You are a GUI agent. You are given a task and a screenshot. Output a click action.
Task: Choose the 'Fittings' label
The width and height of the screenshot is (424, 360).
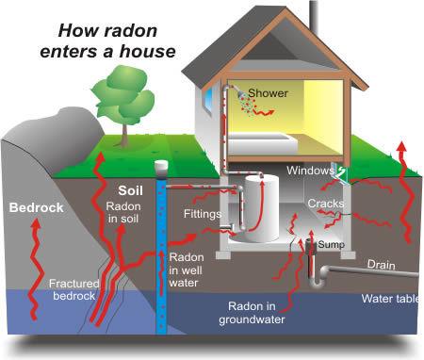[x=202, y=215]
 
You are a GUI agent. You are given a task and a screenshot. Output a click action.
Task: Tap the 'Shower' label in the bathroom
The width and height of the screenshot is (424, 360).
[x=269, y=94]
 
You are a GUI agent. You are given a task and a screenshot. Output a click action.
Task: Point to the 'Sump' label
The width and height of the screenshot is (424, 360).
[x=330, y=243]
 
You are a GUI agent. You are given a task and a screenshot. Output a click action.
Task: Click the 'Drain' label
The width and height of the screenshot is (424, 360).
[x=380, y=265]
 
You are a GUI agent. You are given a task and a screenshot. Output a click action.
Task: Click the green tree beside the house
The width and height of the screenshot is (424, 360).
[x=122, y=89]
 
